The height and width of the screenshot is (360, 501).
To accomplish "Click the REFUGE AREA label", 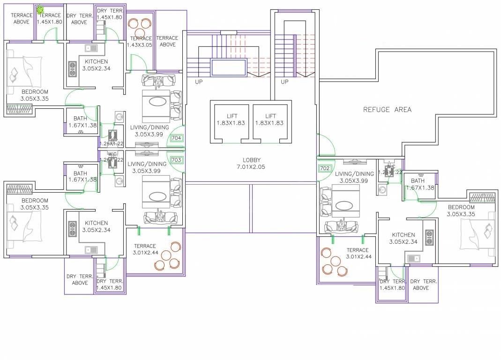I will click(387, 110).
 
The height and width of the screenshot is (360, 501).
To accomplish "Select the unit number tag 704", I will click(176, 138).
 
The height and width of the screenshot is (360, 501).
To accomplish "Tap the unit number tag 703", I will click(176, 160).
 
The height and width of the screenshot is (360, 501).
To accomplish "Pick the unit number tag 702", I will click(324, 168).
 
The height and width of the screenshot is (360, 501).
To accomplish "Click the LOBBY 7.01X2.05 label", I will click(251, 163).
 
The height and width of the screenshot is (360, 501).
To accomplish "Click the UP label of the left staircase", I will click(199, 82).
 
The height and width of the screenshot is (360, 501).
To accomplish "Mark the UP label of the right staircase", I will click(284, 82).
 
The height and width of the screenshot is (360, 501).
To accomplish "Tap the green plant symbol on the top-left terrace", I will click(41, 8).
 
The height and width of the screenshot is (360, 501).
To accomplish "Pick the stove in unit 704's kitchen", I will click(73, 69).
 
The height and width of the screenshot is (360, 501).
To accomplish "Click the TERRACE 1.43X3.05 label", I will click(140, 42).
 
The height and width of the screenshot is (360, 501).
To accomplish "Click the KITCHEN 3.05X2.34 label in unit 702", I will click(403, 238).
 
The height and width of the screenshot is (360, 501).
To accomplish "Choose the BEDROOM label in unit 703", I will click(35, 204).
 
